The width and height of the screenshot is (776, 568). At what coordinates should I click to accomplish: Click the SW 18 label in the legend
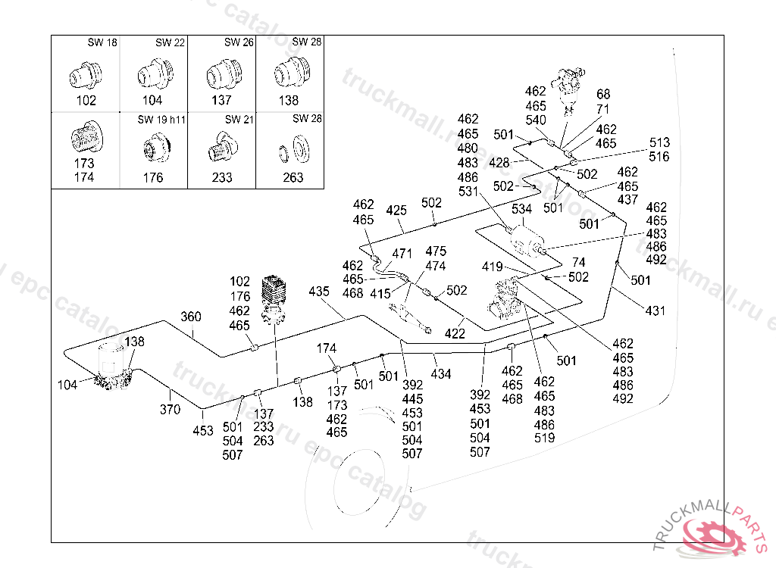point(102,43)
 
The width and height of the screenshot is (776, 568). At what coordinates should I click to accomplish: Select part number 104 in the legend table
point(152,100)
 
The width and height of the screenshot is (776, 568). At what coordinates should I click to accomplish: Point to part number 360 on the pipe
point(191,317)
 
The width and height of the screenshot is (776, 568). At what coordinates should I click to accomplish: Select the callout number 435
point(320,292)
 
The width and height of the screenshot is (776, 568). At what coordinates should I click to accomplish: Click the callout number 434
point(441,374)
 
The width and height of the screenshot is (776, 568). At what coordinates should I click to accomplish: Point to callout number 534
point(522,208)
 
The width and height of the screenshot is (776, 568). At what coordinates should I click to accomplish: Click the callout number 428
point(499,163)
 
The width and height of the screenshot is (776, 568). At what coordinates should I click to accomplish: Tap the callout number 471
point(402,254)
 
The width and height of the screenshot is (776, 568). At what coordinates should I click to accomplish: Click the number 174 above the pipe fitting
point(327,348)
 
